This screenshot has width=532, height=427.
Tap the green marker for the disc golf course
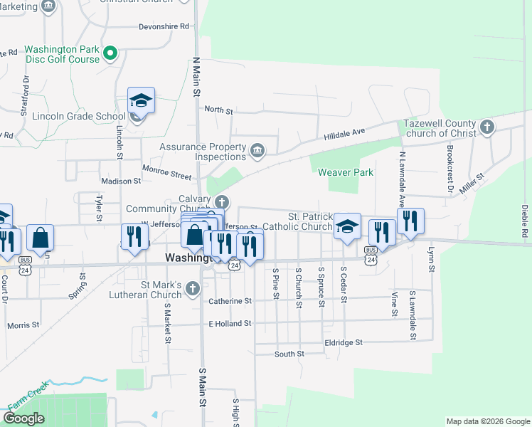(110, 53)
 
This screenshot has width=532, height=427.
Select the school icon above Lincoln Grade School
(141, 100)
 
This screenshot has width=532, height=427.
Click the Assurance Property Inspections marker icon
(257, 149)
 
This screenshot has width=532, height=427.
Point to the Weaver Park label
(346, 172)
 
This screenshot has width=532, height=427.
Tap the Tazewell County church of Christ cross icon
(486, 127)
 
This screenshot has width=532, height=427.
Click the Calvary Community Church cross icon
(222, 201)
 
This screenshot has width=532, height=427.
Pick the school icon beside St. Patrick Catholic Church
(347, 227)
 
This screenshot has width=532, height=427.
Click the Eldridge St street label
(342, 342)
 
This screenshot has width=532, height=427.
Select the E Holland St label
(230, 323)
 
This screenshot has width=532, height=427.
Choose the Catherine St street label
(230, 301)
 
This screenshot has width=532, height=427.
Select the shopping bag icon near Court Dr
(41, 238)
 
